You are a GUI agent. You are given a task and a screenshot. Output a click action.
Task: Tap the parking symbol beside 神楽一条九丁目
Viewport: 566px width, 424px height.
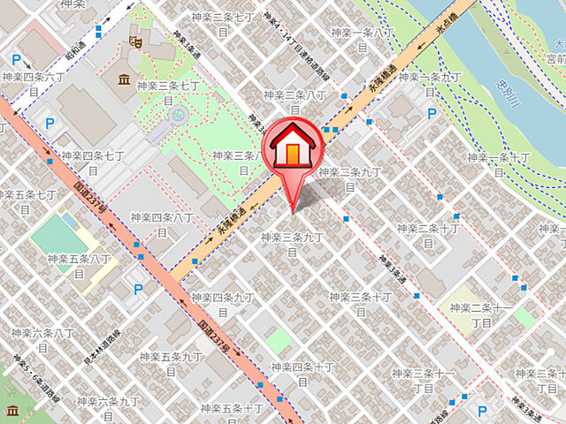coord(432,113)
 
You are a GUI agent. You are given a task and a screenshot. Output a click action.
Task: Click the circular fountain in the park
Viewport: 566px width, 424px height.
coord(179,112)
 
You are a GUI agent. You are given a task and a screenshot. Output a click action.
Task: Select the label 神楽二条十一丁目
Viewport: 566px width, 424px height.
coord(481,316)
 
